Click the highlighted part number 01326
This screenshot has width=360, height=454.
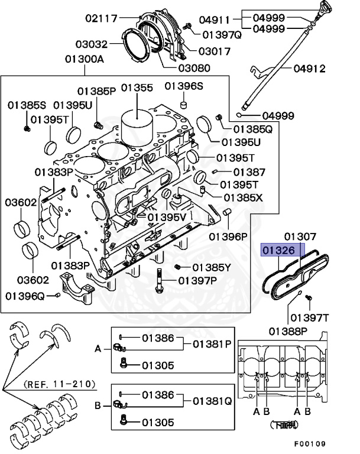pos(278,251)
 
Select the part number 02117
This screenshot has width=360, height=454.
pos(102,19)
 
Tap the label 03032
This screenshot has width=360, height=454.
pos(92,43)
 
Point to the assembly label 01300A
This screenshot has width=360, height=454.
pos(85,59)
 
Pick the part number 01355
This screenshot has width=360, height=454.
pos(137,88)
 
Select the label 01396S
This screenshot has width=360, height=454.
pos(184,86)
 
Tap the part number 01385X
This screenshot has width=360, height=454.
pos(243,196)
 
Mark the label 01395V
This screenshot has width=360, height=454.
pos(167,217)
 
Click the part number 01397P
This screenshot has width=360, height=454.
pos(198,280)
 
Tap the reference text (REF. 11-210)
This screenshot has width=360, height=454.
pos(60,384)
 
